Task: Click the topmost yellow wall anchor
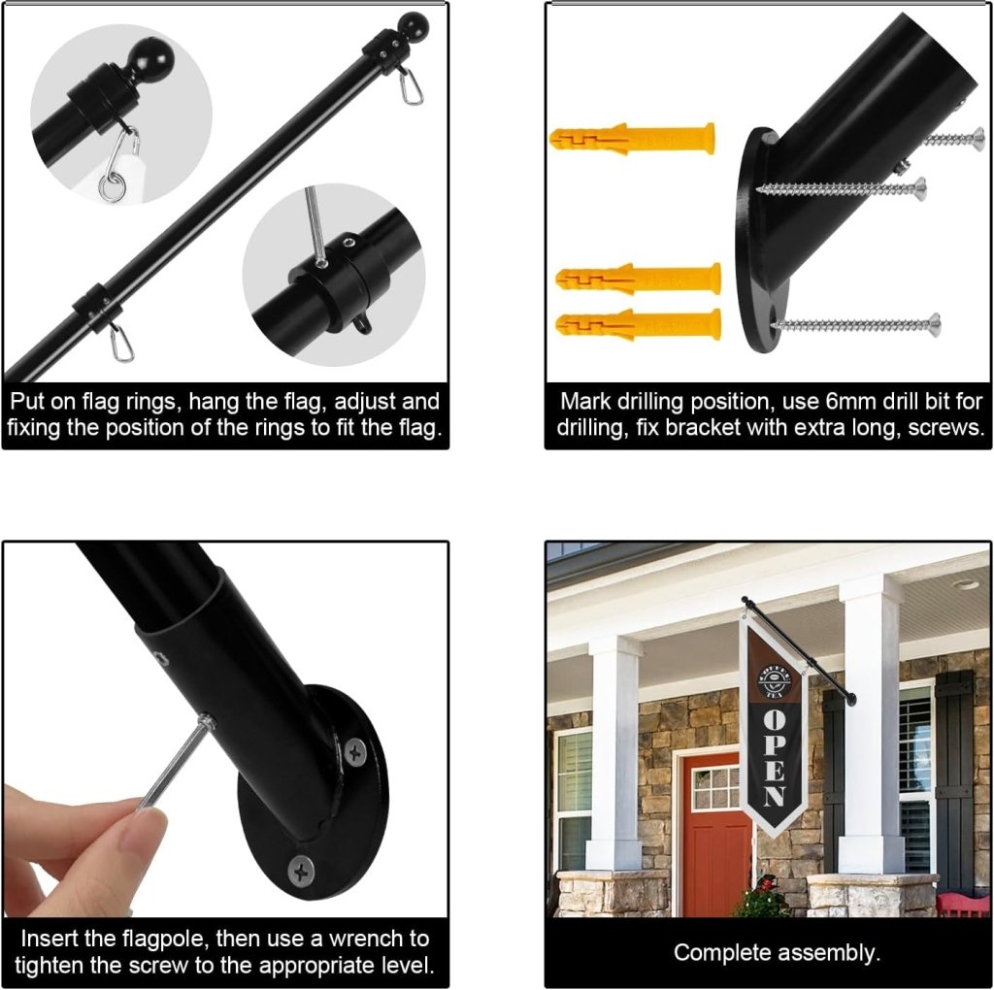632,139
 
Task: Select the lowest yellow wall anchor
639,324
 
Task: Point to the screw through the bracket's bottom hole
856,325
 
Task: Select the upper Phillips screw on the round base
355,752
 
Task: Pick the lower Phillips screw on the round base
301,872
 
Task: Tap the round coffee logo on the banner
775,681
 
